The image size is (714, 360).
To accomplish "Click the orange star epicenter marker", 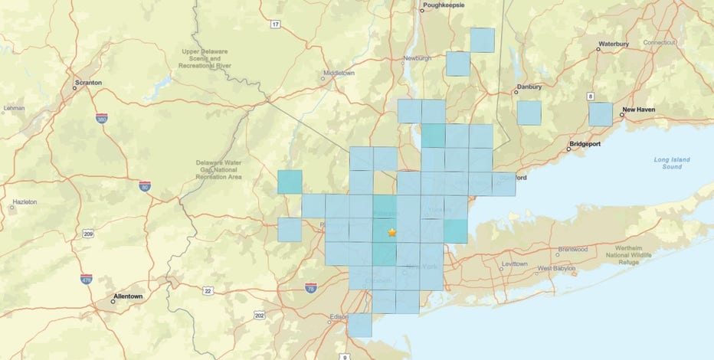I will pos(392,231).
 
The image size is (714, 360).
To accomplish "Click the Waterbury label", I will pos(613,43).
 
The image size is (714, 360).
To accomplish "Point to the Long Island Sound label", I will pos(672,162).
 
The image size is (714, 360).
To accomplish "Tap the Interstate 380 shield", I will pos(102,119).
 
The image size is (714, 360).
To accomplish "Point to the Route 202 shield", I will pos(260,315).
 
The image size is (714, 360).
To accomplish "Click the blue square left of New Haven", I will pos(601,114).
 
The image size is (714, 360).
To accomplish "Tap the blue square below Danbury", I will pos(529,113).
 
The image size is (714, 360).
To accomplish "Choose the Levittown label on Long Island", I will pos(514,263).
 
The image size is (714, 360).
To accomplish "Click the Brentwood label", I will pos(572,249).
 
